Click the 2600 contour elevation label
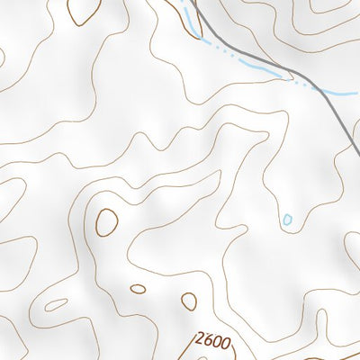click(x=213, y=343)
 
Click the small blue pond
click(x=287, y=220)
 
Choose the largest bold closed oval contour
click(x=107, y=220)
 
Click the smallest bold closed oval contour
click(x=138, y=290)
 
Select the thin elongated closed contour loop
click(x=56, y=304)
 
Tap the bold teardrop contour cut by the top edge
click(x=85, y=11)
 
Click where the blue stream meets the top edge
click(x=183, y=1)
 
